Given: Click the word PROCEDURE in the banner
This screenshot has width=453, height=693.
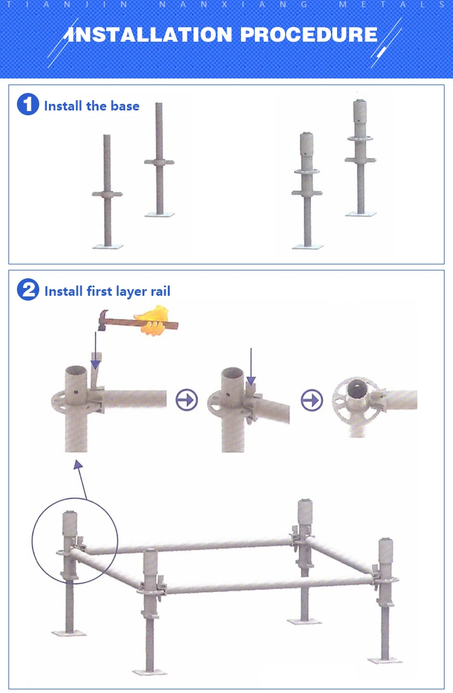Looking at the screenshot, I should click(309, 34).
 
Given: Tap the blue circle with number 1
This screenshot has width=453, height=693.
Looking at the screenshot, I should click(28, 105).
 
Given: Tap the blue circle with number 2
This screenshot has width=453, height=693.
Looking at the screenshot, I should click(28, 291).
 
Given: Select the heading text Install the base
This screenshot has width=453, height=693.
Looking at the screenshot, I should click(92, 106).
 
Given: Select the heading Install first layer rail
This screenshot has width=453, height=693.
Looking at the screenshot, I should click(108, 292).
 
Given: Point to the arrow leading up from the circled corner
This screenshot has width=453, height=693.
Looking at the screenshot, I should click(81, 481).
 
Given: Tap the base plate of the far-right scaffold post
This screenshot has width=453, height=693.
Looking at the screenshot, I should click(385, 659).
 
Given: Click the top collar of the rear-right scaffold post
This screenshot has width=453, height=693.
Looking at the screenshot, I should click(305, 513).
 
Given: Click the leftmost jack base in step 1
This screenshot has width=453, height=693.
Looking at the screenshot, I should click(108, 193).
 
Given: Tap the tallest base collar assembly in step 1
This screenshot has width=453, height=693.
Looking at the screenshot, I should click(361, 157).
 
